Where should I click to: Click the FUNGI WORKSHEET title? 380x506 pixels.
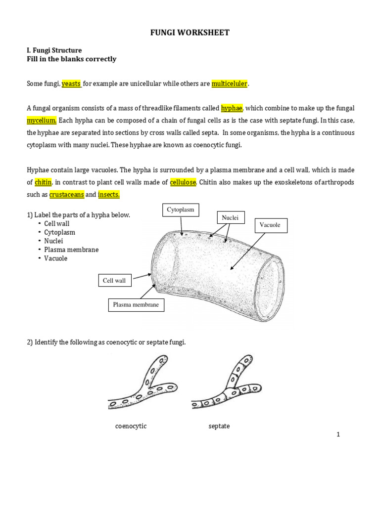(x=190, y=33)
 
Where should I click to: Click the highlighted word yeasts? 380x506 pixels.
(x=71, y=84)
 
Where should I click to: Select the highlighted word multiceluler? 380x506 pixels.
(x=229, y=84)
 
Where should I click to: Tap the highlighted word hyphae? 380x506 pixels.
(x=231, y=108)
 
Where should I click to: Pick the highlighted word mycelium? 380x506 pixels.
(x=42, y=121)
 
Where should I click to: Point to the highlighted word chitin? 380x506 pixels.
(x=43, y=182)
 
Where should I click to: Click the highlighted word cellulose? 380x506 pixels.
(x=184, y=182)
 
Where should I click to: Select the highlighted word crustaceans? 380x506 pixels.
(x=67, y=195)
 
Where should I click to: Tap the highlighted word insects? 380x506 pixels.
(x=109, y=195)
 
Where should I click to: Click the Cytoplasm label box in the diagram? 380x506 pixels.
(x=181, y=210)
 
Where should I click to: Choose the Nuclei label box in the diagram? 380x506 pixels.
(x=231, y=218)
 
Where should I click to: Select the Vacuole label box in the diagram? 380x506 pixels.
(x=271, y=225)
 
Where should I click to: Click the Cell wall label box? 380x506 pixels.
(x=114, y=281)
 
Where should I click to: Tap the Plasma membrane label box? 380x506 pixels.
(x=136, y=305)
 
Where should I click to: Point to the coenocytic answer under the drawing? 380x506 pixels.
(x=131, y=426)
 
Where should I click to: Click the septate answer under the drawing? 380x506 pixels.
(x=219, y=426)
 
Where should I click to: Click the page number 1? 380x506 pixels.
(x=338, y=435)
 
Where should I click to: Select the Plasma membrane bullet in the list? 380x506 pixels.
(x=71, y=250)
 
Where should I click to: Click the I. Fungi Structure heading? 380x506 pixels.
(x=54, y=50)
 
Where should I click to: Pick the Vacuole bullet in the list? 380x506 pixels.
(x=55, y=258)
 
